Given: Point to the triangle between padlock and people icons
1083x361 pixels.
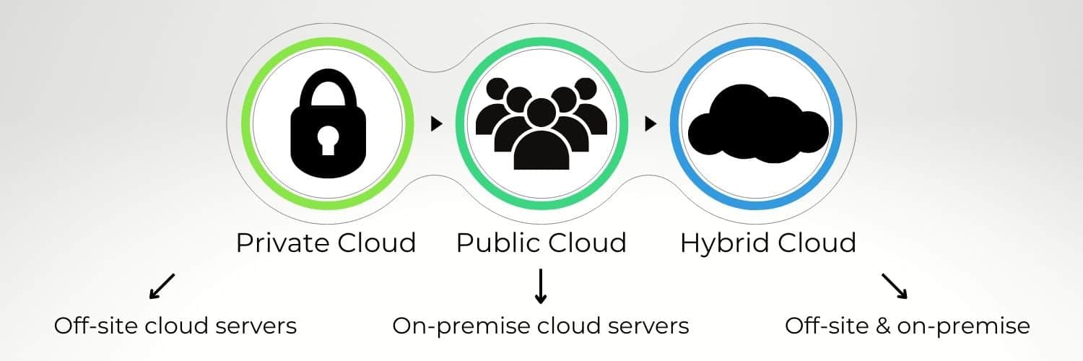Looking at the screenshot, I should [x=435, y=124].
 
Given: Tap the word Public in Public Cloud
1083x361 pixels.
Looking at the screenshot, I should [x=494, y=243].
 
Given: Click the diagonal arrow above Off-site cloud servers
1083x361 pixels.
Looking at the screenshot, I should [x=162, y=286].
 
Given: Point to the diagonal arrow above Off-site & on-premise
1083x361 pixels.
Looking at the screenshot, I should [x=895, y=286].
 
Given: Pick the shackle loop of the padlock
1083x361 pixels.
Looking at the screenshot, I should [x=327, y=90].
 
